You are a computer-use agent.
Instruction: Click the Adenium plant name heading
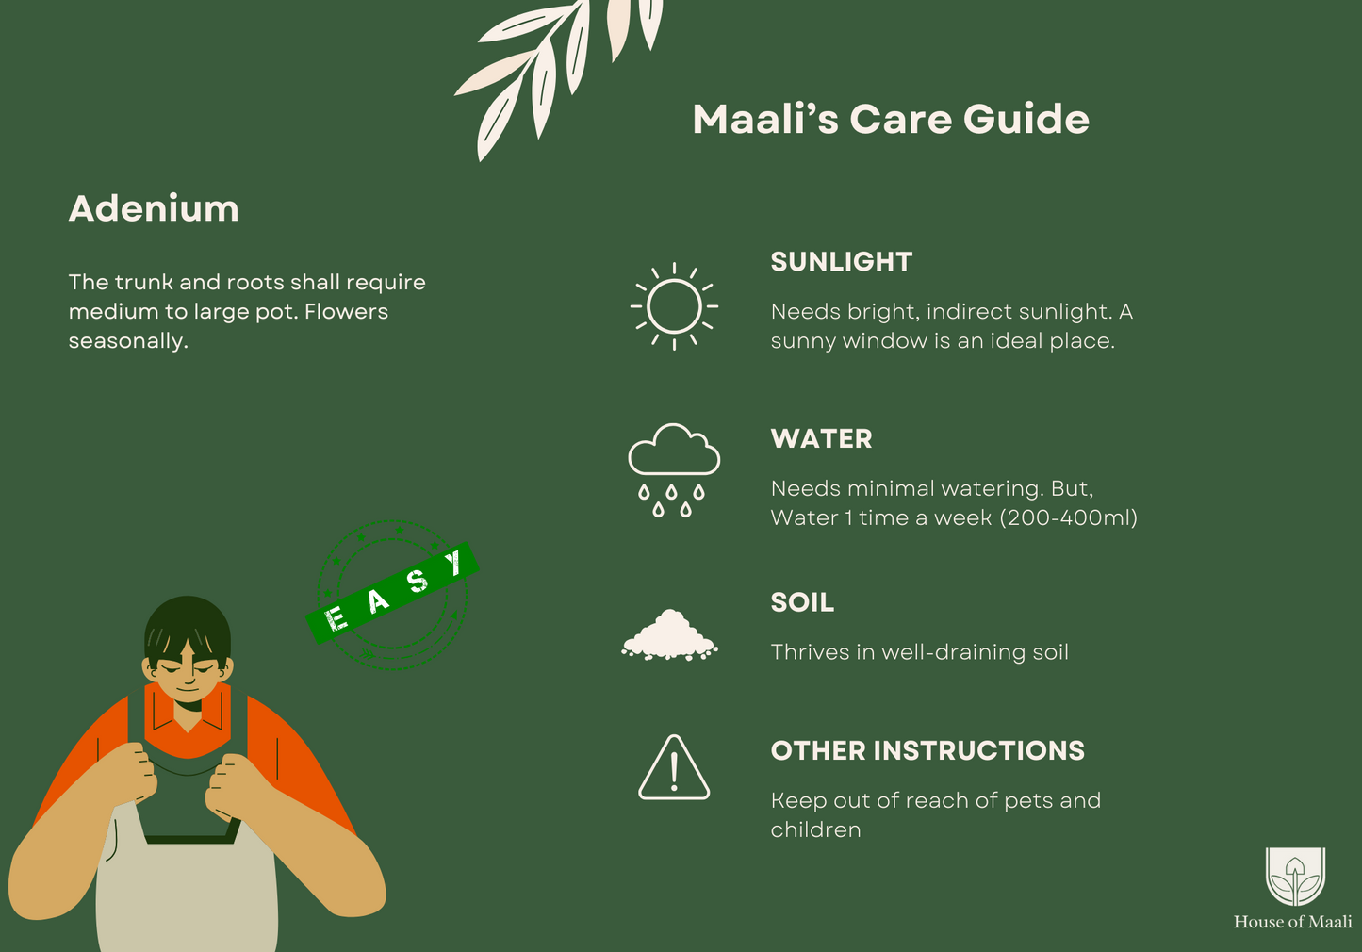[154, 208]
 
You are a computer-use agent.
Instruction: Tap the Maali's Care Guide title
[891, 119]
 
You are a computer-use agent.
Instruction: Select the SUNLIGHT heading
[842, 262]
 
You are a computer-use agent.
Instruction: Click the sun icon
[674, 306]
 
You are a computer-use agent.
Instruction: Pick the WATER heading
[822, 439]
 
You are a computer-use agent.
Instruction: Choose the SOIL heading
[803, 602]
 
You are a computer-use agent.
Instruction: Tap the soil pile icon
[669, 634]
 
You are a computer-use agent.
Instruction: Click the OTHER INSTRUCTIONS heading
[927, 751]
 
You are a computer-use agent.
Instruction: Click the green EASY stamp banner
[392, 593]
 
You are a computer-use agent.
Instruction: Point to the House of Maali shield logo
[1295, 877]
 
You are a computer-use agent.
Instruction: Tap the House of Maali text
[1292, 922]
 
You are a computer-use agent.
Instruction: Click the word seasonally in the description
[128, 341]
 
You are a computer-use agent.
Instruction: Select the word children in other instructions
[816, 830]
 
